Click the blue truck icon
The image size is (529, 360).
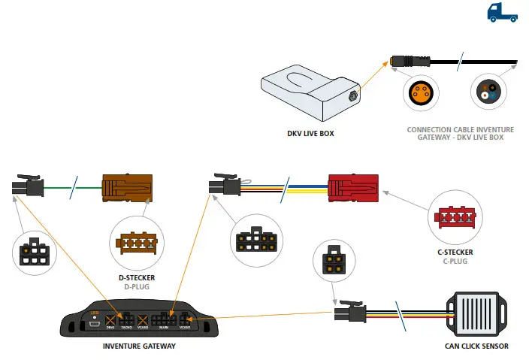(501, 11)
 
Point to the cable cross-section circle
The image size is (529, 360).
(486, 93)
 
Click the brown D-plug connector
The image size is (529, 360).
(128, 187)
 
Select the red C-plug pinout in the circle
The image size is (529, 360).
(452, 219)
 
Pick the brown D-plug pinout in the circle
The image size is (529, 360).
(135, 241)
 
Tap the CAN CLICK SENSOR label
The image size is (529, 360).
(476, 346)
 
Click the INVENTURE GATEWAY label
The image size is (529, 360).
(139, 346)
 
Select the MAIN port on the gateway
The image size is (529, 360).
(163, 321)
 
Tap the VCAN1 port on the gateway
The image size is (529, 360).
(185, 321)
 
